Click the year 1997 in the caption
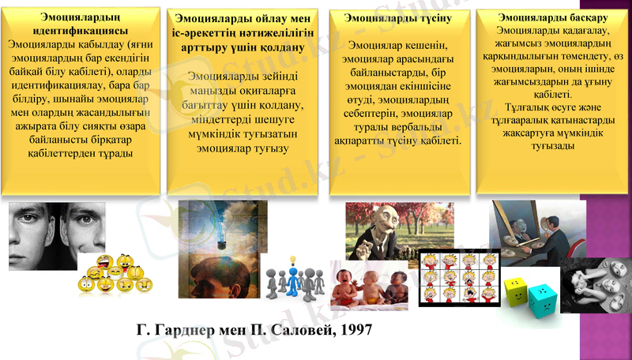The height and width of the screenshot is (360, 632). [348, 328]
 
